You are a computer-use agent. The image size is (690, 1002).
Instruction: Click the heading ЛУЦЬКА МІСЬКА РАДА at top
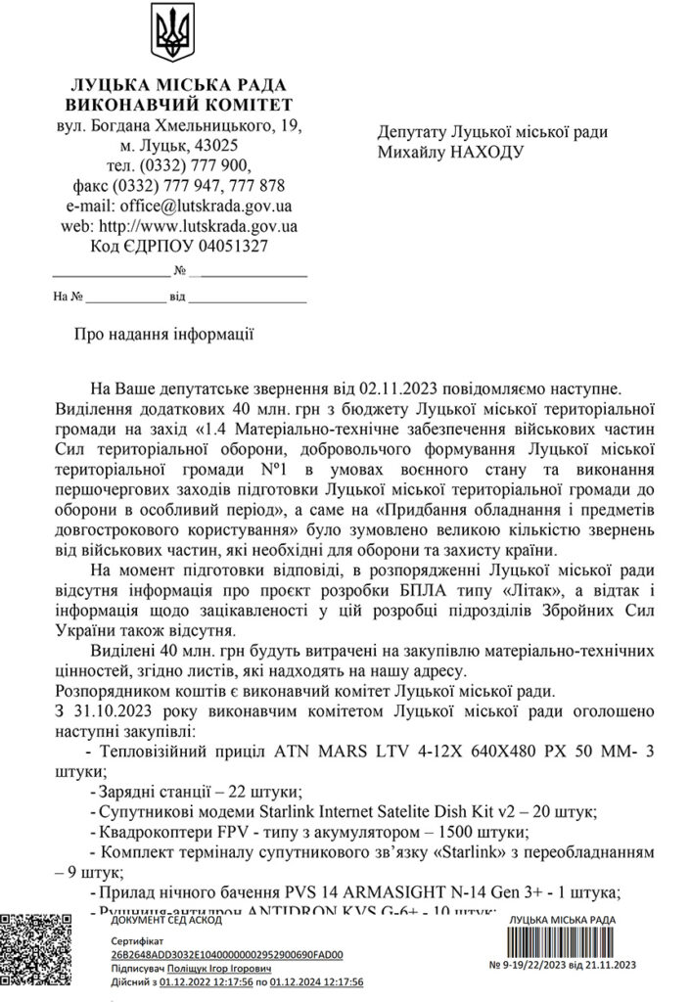tap(179, 85)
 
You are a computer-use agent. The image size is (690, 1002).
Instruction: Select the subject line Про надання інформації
tap(164, 335)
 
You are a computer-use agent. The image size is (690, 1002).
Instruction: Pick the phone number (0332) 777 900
tap(197, 165)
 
